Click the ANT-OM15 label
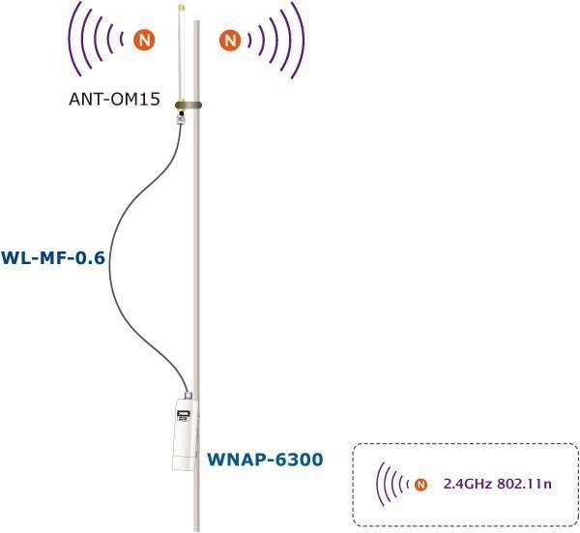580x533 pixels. point(115,100)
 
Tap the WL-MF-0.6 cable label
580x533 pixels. point(53,258)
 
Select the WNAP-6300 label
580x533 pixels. point(265,459)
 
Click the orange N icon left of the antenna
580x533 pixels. point(144,40)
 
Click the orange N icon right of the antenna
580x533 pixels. point(230,40)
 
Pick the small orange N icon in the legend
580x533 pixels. point(420,484)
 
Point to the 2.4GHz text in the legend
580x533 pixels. point(468,484)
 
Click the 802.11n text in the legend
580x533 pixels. point(524,484)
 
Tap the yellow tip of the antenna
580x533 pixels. point(182,8)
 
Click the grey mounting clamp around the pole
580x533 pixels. point(188,105)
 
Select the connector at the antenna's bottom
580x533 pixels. point(181,118)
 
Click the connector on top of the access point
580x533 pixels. point(188,396)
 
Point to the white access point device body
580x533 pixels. point(186,435)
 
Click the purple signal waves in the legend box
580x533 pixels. point(391,484)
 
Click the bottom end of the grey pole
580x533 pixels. point(196,531)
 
